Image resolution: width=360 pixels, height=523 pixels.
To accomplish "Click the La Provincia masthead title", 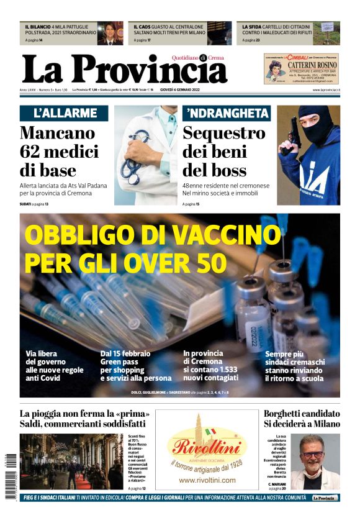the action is coord(124,70).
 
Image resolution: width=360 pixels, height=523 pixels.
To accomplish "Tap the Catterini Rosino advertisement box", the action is coord(300,68).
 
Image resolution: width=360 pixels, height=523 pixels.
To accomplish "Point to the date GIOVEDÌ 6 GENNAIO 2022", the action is coord(187,90).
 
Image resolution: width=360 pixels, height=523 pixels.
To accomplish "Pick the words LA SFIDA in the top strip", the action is coord(253,27).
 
